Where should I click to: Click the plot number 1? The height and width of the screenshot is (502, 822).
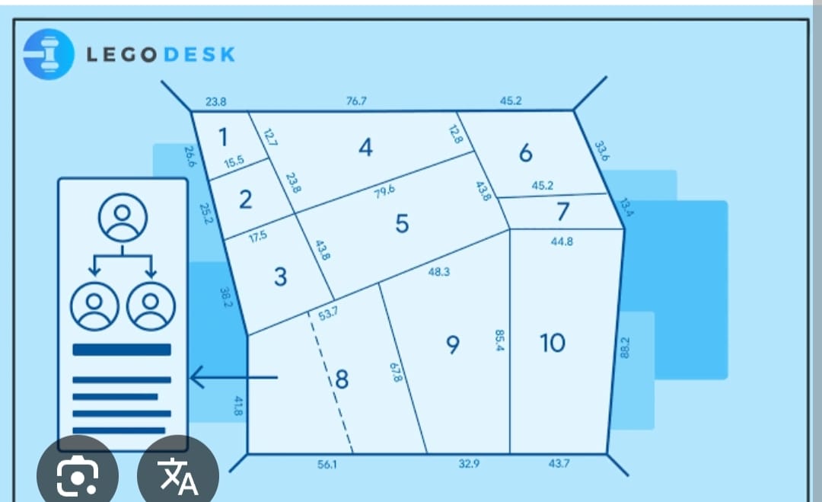pyautogui.click(x=222, y=138)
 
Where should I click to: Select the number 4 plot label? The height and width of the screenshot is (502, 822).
pyautogui.click(x=365, y=148)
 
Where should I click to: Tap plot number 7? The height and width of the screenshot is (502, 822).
pyautogui.click(x=562, y=212)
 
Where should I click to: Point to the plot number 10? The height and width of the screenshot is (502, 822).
pyautogui.click(x=553, y=344)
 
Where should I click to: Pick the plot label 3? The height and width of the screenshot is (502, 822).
pyautogui.click(x=280, y=277)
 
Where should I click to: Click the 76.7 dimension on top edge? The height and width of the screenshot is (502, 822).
pyautogui.click(x=356, y=101)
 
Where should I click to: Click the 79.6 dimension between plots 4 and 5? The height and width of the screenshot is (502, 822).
pyautogui.click(x=384, y=190)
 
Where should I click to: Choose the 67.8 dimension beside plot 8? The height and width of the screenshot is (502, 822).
pyautogui.click(x=395, y=373)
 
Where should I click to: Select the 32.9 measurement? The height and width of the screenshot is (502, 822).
pyautogui.click(x=469, y=464)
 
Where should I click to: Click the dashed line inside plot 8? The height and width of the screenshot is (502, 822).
pyautogui.click(x=330, y=381)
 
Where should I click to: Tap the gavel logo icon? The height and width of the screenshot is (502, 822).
pyautogui.click(x=49, y=54)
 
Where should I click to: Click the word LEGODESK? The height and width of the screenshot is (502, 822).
pyautogui.click(x=161, y=55)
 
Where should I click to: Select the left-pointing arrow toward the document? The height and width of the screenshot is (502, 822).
pyautogui.click(x=233, y=377)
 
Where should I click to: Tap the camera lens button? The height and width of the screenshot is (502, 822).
pyautogui.click(x=78, y=474)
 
